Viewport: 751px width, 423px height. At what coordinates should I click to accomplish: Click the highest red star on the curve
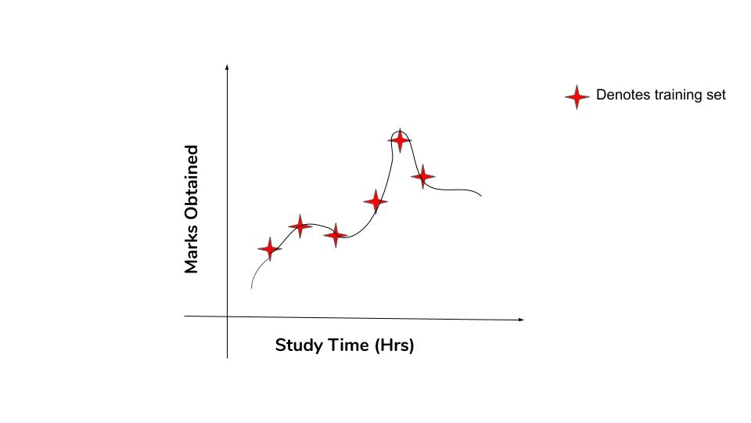point(400,140)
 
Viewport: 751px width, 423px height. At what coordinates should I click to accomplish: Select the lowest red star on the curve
point(269,249)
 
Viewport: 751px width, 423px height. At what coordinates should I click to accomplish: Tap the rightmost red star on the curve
point(423,176)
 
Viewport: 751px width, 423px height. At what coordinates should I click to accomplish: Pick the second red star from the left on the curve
point(300,226)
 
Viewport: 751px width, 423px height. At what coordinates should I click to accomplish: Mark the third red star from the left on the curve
point(336,234)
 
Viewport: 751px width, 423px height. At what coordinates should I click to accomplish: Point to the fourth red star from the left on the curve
point(375,201)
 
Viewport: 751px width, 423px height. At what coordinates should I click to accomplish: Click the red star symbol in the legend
point(577,96)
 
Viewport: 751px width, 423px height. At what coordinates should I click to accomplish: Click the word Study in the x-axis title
point(296,345)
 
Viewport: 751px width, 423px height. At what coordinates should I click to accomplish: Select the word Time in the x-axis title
point(344,345)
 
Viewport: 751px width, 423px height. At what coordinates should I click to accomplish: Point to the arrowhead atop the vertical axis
point(227,66)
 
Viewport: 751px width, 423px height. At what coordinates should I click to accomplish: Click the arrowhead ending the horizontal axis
point(522,320)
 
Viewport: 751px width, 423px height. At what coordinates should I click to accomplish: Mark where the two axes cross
point(228,316)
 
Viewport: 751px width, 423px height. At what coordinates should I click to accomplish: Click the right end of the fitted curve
point(481,196)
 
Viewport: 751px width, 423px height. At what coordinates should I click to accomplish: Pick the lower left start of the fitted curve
point(251,288)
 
